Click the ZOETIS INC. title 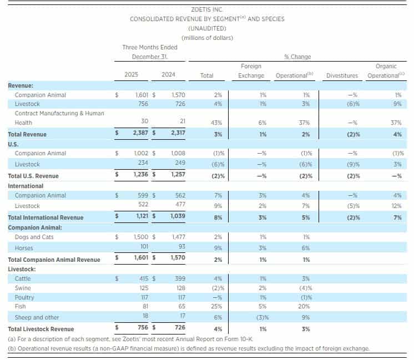coord(207,9)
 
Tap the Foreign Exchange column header coord(252,71)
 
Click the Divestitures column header coord(342,75)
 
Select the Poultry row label coord(24,297)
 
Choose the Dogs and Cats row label coord(34,237)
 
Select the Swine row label coord(23,288)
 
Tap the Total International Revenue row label coord(46,217)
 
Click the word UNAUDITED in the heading coord(206,28)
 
